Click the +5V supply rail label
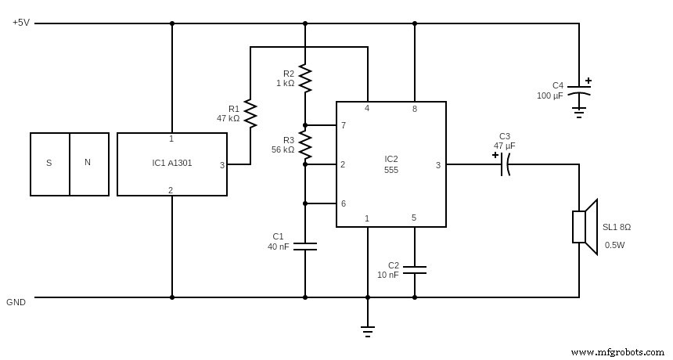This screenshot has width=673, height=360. click(21, 23)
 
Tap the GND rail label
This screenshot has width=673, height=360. click(16, 302)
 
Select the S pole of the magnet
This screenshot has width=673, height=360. click(49, 163)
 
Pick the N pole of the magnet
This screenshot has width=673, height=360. click(88, 163)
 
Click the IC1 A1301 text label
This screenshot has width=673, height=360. click(172, 164)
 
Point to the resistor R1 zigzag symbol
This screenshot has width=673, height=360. click(250, 113)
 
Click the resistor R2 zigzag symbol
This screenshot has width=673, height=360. click(305, 78)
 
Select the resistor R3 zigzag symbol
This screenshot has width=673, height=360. click(305, 145)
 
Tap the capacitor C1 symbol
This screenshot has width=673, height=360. click(305, 246)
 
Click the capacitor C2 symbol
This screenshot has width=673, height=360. click(415, 270)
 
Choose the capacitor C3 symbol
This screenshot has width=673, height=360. click(504, 164)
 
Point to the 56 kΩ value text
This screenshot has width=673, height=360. click(283, 149)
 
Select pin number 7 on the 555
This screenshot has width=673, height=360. click(343, 125)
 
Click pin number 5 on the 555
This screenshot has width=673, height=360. click(414, 218)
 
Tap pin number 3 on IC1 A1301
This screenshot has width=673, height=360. click(221, 165)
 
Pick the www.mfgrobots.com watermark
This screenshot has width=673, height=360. click(617, 352)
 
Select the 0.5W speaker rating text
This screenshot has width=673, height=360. click(614, 245)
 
